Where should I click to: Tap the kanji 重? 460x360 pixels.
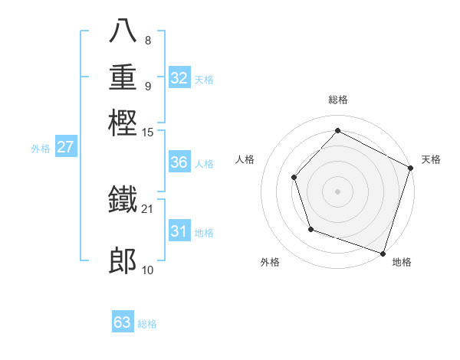tap(123, 78)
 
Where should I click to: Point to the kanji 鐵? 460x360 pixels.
tap(123, 201)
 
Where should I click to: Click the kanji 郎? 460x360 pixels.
tap(123, 262)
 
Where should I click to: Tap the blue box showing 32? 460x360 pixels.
tap(179, 78)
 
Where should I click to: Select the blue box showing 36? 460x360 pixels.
tap(179, 162)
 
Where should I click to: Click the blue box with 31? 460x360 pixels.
tap(179, 231)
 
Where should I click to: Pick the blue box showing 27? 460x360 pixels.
tap(65, 147)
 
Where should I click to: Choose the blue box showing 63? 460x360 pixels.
tap(123, 322)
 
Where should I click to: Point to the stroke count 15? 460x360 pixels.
tap(148, 132)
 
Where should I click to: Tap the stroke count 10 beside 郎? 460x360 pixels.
tap(148, 270)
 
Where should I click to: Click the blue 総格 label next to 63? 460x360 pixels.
tap(147, 324)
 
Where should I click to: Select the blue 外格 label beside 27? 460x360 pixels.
tap(40, 149)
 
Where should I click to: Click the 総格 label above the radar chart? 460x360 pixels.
tap(337, 100)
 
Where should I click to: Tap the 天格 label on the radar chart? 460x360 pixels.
tap(431, 159)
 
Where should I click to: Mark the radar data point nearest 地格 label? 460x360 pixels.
tap(383, 253)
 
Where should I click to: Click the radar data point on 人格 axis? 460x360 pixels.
tap(294, 177)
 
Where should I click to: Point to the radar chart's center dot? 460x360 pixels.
tap(337, 191)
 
